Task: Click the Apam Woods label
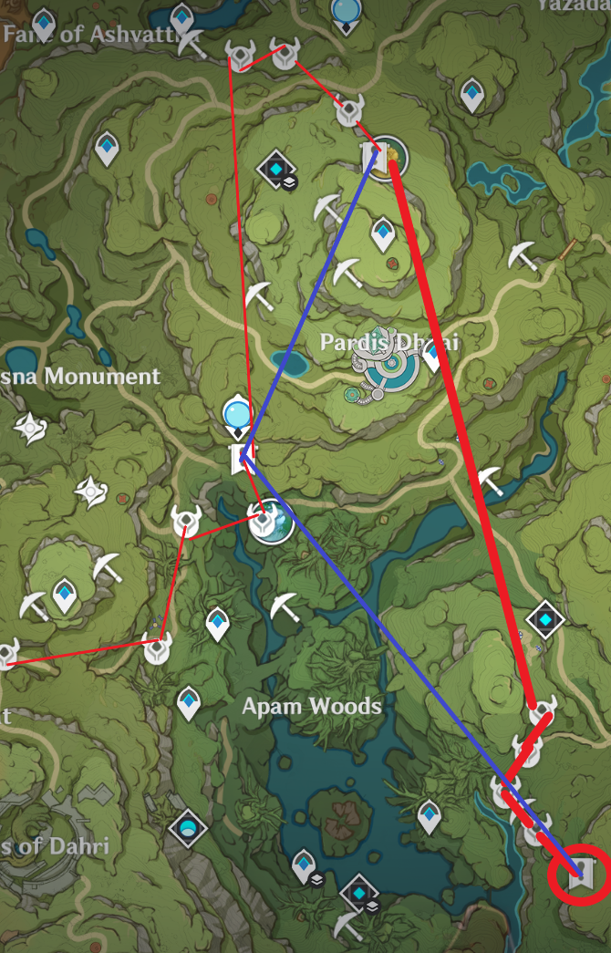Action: click(x=311, y=706)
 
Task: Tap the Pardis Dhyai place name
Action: click(x=388, y=343)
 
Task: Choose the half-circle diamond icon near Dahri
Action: click(x=188, y=827)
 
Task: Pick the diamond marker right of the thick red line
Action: click(x=545, y=619)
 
